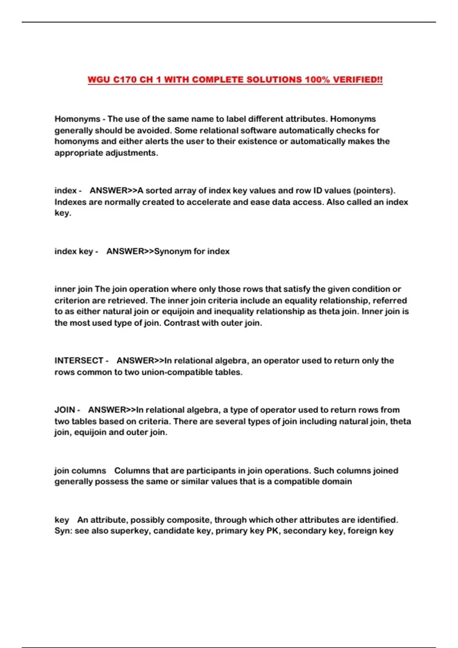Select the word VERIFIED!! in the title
358,80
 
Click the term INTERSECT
79,361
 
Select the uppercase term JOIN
65,410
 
